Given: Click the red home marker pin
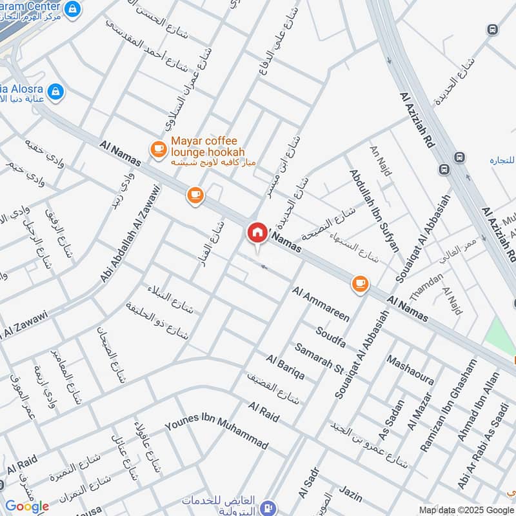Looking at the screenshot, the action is point(257,233).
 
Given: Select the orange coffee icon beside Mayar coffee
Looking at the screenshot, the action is point(157,150).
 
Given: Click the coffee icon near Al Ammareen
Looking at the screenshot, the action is point(359,283).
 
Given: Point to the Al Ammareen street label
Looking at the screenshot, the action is point(321,304).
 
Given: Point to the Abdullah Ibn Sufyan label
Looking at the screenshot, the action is point(374,210).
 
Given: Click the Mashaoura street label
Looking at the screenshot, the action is point(410,370).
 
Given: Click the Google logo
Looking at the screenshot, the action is point(27,506).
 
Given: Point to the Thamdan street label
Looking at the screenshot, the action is point(426,286).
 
